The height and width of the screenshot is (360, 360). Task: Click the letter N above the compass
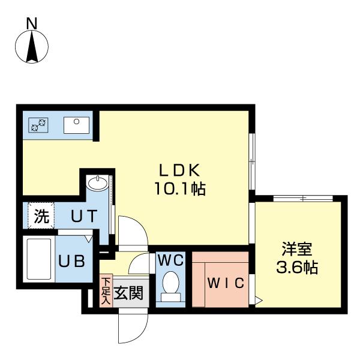point(32,23)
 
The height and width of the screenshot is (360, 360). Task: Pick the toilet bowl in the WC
point(170,285)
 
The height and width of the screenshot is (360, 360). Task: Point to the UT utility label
point(84,217)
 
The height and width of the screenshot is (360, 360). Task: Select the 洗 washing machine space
point(40,217)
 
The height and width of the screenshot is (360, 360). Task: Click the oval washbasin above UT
point(96,182)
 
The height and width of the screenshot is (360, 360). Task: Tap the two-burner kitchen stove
point(38,125)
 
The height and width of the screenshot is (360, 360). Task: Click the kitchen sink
point(76,125)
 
